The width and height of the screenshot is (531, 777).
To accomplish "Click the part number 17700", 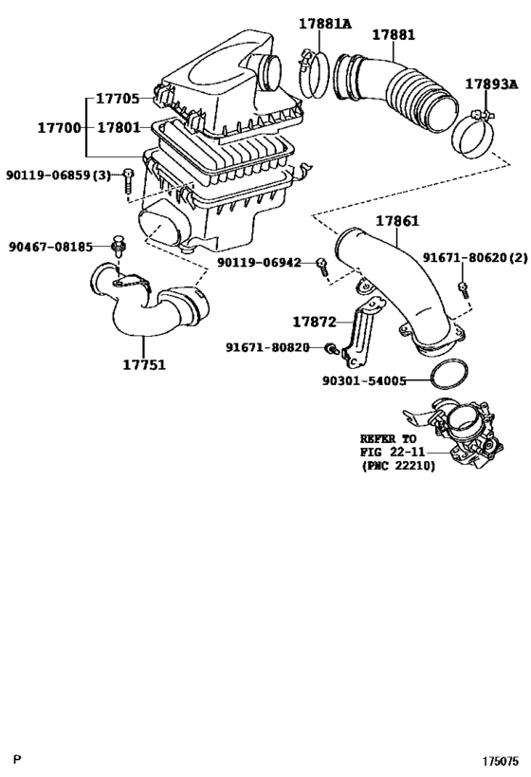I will (58, 126).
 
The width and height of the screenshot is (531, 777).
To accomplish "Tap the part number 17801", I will (119, 126).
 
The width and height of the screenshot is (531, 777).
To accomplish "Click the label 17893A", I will (491, 84).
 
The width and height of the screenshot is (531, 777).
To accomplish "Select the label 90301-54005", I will (364, 381).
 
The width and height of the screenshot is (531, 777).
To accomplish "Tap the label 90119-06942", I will (258, 262).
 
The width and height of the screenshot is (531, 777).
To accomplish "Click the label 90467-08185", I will (51, 247).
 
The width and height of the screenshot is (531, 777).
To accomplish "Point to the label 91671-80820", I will (267, 347).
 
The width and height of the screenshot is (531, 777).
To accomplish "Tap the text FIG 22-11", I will (390, 453).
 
